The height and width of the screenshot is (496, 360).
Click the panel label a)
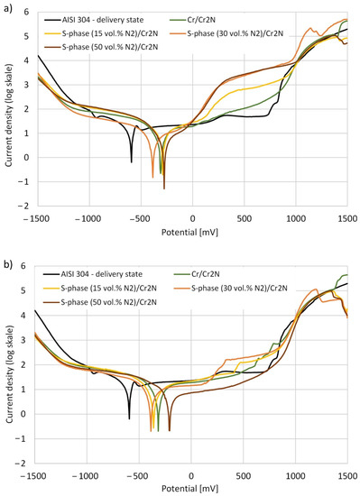[x=7, y=9]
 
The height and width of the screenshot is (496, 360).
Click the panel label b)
[x=7, y=264]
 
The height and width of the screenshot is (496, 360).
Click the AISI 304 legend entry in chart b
[x=93, y=274]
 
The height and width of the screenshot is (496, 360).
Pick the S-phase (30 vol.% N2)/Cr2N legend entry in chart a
[x=226, y=33]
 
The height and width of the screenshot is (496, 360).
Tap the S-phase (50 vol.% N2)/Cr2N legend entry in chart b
[x=99, y=302]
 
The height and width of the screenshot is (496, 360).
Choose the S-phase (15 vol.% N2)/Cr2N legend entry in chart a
[x=100, y=33]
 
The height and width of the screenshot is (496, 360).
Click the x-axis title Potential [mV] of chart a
[x=189, y=233]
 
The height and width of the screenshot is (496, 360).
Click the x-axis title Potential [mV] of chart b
[x=189, y=489]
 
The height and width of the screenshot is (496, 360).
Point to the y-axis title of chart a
[x=8, y=115]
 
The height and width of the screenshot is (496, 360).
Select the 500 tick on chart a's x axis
[x=245, y=218]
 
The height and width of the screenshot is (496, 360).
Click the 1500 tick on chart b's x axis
[x=347, y=476]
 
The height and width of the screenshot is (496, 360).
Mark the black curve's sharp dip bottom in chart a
[x=132, y=162]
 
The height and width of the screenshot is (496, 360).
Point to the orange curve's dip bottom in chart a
[x=152, y=178]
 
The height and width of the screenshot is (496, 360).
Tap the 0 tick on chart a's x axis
[x=193, y=218]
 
